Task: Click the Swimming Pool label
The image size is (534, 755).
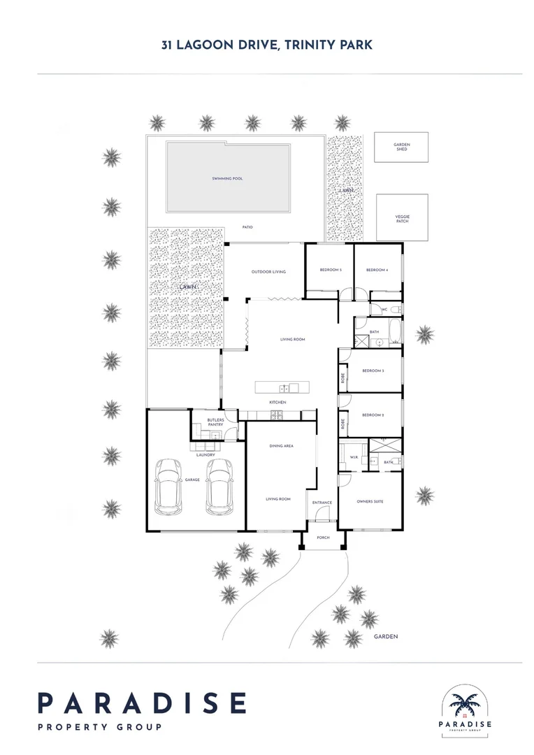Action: pyautogui.click(x=228, y=179)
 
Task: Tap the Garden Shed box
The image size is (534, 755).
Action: pyautogui.click(x=401, y=148)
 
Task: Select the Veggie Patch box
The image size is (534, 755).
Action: pyautogui.click(x=402, y=218)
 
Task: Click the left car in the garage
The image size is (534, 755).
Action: pyautogui.click(x=168, y=484)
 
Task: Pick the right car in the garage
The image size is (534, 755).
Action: pyautogui.click(x=220, y=484)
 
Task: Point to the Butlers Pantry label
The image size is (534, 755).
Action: pyautogui.click(x=215, y=422)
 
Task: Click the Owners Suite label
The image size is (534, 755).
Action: pyautogui.click(x=370, y=502)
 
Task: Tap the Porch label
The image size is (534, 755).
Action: pyautogui.click(x=324, y=538)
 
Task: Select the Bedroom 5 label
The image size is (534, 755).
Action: pyautogui.click(x=331, y=270)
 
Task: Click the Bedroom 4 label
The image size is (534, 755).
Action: pyautogui.click(x=377, y=270)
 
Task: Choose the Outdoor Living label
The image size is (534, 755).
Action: pyautogui.click(x=268, y=272)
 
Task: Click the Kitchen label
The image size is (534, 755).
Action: pyautogui.click(x=278, y=403)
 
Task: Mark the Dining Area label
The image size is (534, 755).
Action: pyautogui.click(x=281, y=445)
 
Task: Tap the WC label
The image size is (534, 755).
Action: pyautogui.click(x=384, y=310)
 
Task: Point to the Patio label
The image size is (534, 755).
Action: pyautogui.click(x=247, y=227)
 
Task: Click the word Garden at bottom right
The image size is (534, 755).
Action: pyautogui.click(x=385, y=637)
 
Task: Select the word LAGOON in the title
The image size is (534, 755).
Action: pyautogui.click(x=208, y=45)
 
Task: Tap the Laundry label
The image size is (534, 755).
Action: pyautogui.click(x=205, y=455)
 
